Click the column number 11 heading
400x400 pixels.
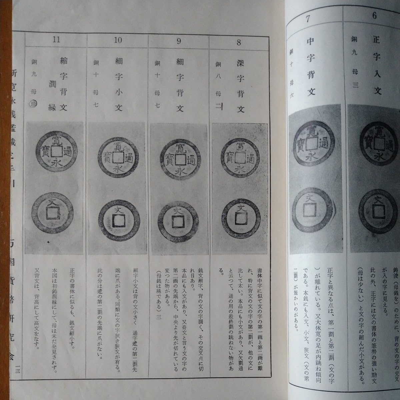(56, 40)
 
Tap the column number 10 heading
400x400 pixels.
(118, 41)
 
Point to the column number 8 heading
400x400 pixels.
(239, 42)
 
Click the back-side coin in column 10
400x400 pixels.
(116, 218)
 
